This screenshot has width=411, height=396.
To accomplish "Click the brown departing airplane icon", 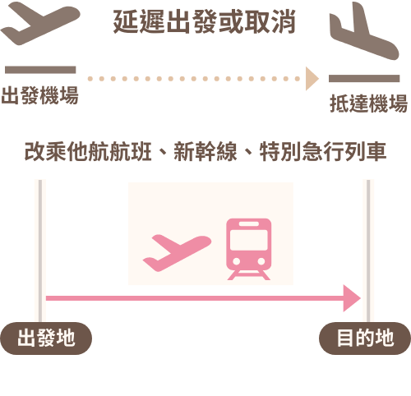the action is [x=40, y=23].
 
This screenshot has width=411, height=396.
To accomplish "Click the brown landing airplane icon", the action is [x=364, y=30].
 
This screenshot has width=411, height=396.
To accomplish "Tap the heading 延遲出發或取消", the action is [x=205, y=21].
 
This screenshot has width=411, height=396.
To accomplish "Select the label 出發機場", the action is [x=40, y=95].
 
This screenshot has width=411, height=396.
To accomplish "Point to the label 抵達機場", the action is [x=369, y=104].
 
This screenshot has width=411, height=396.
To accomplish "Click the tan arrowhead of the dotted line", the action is [x=312, y=79].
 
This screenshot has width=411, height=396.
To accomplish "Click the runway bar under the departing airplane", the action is [x=40, y=70].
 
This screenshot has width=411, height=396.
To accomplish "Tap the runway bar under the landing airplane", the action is [x=364, y=78].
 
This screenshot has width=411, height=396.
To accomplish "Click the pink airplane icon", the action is [x=177, y=253].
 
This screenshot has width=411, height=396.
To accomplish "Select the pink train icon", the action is [x=249, y=249].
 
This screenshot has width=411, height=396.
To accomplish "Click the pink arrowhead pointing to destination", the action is [x=352, y=298].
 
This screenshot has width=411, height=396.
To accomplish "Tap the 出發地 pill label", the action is [x=46, y=338].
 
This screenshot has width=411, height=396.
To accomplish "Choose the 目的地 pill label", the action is [x=365, y=338].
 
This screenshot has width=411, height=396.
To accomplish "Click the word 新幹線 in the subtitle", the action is [x=205, y=151].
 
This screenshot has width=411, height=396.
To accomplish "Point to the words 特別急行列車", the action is [x=323, y=151].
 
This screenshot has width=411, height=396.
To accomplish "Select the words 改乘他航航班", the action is [x=88, y=151].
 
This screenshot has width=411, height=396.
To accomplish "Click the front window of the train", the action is [x=249, y=240].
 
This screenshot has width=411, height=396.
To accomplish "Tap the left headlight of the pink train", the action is [x=237, y=261].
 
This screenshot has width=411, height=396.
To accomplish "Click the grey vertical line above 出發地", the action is [x=40, y=251].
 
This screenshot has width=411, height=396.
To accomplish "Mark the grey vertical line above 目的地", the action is [x=368, y=251].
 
